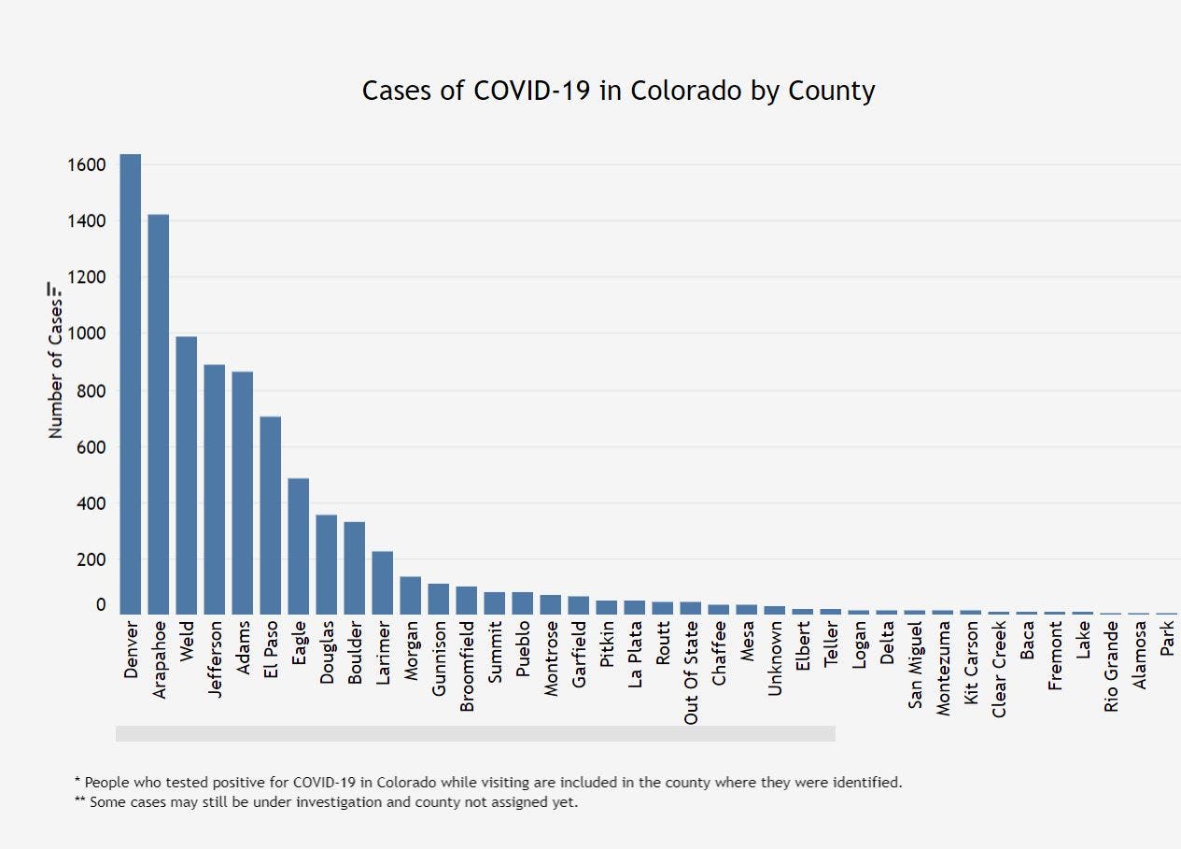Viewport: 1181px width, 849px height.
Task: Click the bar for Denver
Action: click(x=131, y=383)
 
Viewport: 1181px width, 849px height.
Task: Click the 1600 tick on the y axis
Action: click(x=86, y=165)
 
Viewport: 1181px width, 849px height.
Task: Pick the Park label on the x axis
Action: click(x=1167, y=640)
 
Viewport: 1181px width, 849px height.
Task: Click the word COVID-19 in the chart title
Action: click(x=531, y=92)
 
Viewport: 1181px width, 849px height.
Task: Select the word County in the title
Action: click(x=831, y=92)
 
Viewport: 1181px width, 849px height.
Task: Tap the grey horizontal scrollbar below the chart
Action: click(x=475, y=733)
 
